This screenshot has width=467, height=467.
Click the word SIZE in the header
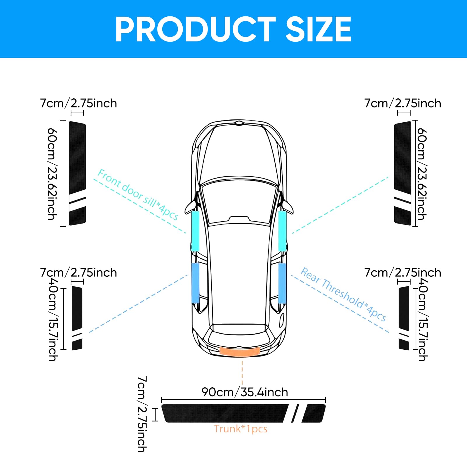(318, 29)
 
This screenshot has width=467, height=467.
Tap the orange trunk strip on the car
(240, 351)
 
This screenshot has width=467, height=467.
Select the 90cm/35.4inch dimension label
(245, 392)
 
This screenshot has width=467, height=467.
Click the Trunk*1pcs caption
(241, 429)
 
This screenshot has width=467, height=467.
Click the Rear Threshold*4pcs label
(344, 294)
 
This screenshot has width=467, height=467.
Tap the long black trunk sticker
(243, 413)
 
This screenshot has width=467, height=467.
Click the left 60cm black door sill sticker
(77, 173)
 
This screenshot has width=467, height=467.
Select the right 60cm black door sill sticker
(403, 173)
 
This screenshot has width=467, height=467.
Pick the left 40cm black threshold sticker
(77, 318)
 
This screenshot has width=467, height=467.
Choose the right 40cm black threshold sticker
(404, 318)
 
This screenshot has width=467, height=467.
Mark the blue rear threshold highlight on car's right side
(282, 283)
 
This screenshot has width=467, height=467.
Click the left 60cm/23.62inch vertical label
(52, 174)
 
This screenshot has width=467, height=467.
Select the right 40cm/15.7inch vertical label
(423, 319)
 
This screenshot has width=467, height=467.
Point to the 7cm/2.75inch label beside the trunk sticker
(142, 414)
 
